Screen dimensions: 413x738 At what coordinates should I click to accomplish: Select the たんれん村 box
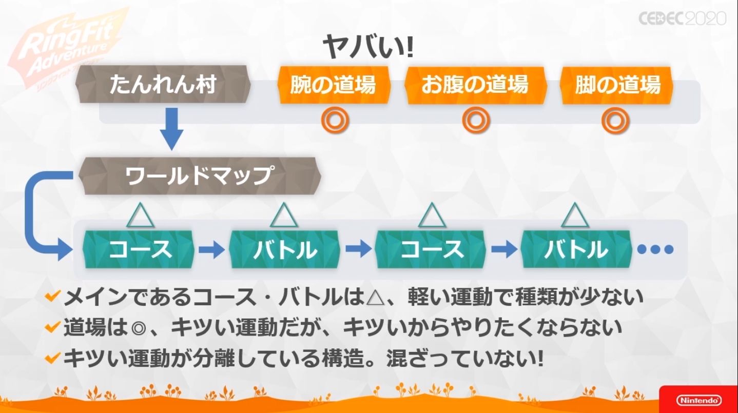pyautogui.click(x=163, y=85)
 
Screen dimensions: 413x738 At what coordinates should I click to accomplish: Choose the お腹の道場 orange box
pyautogui.click(x=474, y=85)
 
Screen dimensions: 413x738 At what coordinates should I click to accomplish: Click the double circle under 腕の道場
pyautogui.click(x=335, y=120)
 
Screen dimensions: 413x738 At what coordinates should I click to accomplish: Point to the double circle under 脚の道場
pyautogui.click(x=615, y=120)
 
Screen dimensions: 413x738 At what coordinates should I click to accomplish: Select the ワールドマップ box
pyautogui.click(x=199, y=176)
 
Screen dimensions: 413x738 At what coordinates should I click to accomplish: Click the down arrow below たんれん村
pyautogui.click(x=171, y=129)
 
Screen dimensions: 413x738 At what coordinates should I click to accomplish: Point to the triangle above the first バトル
pyautogui.click(x=284, y=215)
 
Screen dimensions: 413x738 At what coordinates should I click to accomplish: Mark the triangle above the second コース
pyautogui.click(x=431, y=215)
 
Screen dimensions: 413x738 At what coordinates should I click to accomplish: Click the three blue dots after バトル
pyautogui.click(x=655, y=250)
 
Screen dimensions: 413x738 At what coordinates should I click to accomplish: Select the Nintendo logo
pyautogui.click(x=698, y=400)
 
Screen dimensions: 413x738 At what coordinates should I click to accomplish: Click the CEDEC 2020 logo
pyautogui.click(x=682, y=18)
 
